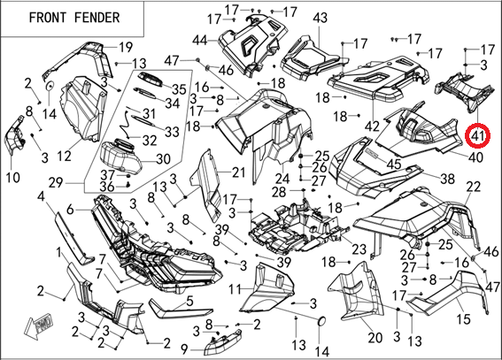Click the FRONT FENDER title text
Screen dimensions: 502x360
(x=74, y=18)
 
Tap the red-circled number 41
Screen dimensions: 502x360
(x=478, y=136)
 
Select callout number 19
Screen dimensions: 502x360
(x=126, y=47)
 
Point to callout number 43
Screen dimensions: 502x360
(x=321, y=18)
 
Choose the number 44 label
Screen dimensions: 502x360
(x=200, y=41)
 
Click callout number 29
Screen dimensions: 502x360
(x=56, y=183)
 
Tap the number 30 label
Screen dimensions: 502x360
(x=163, y=159)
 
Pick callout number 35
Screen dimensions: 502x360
(x=179, y=89)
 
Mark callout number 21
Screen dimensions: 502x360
(x=238, y=172)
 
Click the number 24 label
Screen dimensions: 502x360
(x=282, y=179)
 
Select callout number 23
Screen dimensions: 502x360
(x=359, y=249)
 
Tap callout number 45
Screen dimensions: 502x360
(x=394, y=164)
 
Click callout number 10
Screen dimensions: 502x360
(x=12, y=178)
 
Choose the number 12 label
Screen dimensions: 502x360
(x=64, y=157)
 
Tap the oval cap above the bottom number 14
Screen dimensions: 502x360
(x=321, y=322)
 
